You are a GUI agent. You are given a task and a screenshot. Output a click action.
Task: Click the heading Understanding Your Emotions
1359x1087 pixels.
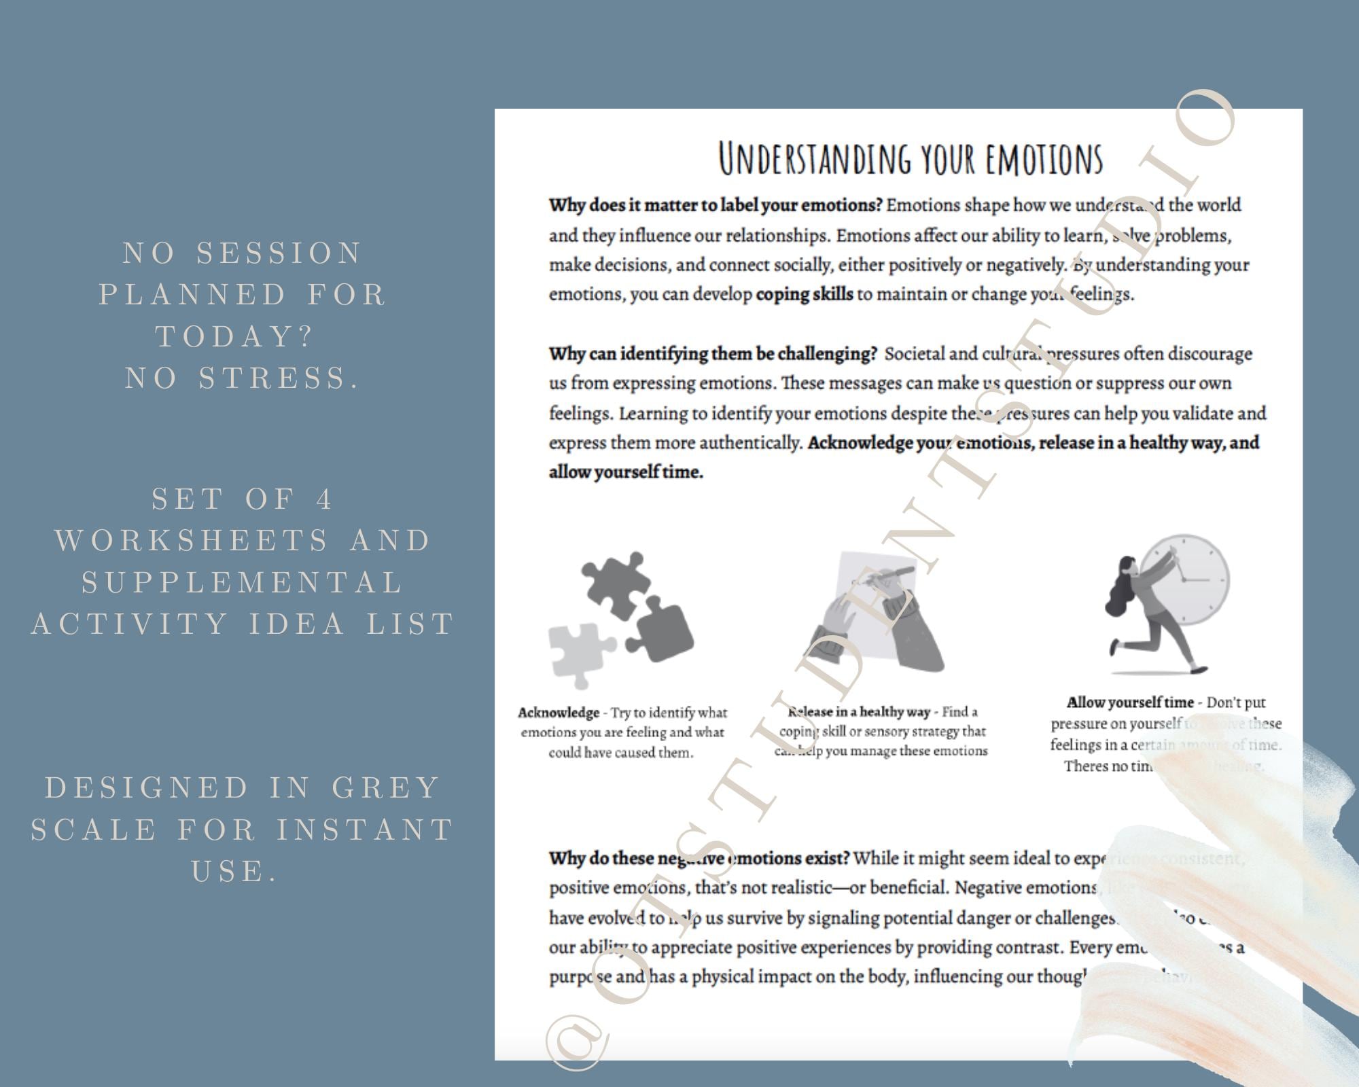point(911,158)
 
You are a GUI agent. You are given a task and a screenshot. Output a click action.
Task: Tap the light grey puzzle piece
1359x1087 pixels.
point(578,653)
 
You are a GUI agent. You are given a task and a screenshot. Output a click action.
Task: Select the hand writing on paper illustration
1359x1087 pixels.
point(877,611)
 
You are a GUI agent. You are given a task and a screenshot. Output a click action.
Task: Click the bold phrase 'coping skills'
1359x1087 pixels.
point(805,295)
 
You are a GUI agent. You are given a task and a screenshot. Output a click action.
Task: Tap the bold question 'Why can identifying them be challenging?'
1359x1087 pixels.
point(713,354)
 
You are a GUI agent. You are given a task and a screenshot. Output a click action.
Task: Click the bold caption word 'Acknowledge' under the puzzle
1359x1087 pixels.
point(559,713)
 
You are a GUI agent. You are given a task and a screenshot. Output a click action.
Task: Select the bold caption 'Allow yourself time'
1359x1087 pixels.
point(1130,702)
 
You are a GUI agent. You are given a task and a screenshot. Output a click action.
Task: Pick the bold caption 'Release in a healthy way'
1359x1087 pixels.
point(859,712)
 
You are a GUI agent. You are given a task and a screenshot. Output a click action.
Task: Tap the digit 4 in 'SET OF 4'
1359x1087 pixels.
point(325,499)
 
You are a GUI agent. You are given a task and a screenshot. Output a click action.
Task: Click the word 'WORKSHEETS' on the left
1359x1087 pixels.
point(192,541)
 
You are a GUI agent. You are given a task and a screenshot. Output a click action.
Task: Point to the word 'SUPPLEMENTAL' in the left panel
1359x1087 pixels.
point(243,582)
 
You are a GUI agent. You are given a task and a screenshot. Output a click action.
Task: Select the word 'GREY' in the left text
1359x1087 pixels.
point(387,788)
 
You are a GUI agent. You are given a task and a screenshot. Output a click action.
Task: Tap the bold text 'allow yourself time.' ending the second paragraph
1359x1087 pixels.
point(626,473)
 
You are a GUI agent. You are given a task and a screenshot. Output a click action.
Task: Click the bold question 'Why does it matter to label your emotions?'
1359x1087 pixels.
point(716,205)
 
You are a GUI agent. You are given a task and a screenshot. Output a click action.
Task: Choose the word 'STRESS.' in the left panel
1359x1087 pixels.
point(279,378)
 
